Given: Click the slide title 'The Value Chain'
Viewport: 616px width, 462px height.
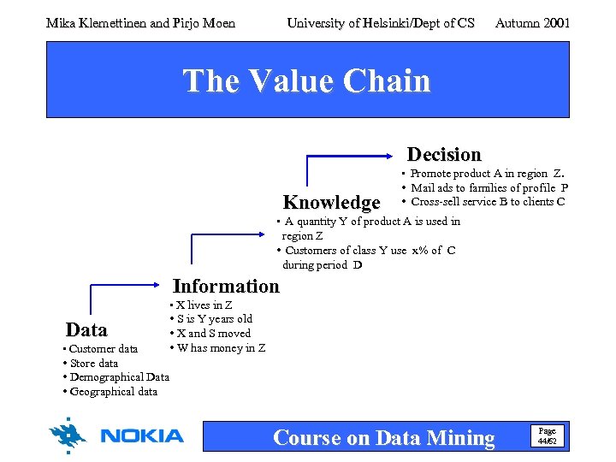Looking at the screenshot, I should click(x=306, y=80).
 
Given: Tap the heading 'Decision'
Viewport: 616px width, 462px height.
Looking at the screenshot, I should click(x=444, y=155).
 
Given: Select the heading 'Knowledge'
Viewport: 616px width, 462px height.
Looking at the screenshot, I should click(x=331, y=203).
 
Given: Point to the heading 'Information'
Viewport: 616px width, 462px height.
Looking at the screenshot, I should click(x=226, y=287).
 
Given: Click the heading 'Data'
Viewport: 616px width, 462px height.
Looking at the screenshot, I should click(x=86, y=330).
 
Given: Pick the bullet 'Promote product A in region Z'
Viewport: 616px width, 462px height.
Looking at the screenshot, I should click(x=487, y=174).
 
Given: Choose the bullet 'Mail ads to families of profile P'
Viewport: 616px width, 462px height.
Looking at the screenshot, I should click(x=489, y=188).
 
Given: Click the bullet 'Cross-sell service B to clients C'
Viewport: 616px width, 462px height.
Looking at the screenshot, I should click(x=487, y=202).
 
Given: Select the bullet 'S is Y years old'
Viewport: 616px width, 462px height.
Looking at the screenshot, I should click(x=214, y=319).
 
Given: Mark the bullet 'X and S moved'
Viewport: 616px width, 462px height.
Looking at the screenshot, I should click(x=213, y=334).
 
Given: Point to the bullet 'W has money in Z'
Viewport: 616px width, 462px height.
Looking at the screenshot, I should click(x=220, y=348).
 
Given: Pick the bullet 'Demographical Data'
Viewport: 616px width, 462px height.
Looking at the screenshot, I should click(x=119, y=377).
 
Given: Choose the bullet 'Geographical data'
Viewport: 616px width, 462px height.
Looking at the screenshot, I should click(x=113, y=392).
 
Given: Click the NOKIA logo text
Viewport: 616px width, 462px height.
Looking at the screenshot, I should click(x=142, y=436).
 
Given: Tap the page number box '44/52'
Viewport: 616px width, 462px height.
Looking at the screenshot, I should click(x=547, y=435).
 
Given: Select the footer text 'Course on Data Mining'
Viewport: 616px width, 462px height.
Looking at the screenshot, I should click(x=383, y=438).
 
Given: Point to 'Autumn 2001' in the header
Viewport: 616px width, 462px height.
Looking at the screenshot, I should click(x=532, y=23).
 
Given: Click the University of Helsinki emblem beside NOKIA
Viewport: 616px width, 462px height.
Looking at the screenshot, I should click(x=68, y=436).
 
